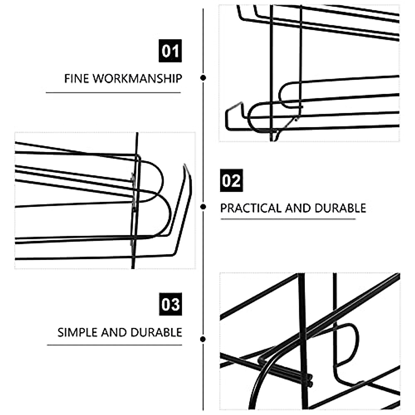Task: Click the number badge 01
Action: click(170, 51)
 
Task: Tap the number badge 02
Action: click(231, 180)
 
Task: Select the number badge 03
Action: click(170, 304)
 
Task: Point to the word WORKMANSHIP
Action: click(137, 79)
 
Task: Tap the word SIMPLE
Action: click(78, 332)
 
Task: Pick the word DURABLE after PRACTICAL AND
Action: click(340, 208)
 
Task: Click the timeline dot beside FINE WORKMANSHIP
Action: click(203, 78)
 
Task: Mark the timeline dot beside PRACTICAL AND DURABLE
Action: click(203, 207)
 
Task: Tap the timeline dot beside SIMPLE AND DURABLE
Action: click(203, 339)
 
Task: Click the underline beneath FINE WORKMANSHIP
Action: click(113, 93)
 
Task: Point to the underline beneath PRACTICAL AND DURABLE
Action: click(288, 219)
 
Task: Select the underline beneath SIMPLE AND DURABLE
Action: click(114, 345)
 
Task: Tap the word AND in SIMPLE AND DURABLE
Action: click(116, 332)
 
